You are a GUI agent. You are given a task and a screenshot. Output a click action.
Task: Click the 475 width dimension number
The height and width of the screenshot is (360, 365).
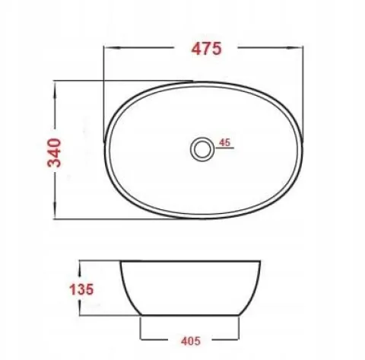[206, 49]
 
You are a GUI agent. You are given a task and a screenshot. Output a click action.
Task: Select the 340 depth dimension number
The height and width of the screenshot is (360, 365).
[55, 153]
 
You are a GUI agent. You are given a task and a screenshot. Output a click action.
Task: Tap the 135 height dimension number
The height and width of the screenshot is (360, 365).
[81, 289]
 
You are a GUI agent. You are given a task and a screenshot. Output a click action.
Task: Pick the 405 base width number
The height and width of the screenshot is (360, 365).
[191, 341]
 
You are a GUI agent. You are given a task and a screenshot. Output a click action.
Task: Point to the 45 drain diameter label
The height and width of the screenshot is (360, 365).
[224, 142]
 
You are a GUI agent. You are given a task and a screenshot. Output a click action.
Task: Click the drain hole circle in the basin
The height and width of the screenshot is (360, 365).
[202, 149]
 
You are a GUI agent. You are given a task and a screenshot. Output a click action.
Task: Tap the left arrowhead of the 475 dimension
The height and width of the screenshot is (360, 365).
[112, 47]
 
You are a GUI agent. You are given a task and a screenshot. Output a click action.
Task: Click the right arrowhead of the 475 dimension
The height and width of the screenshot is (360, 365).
[295, 47]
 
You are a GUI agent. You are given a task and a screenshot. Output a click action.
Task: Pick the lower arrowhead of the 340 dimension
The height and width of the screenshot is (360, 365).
[55, 210]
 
